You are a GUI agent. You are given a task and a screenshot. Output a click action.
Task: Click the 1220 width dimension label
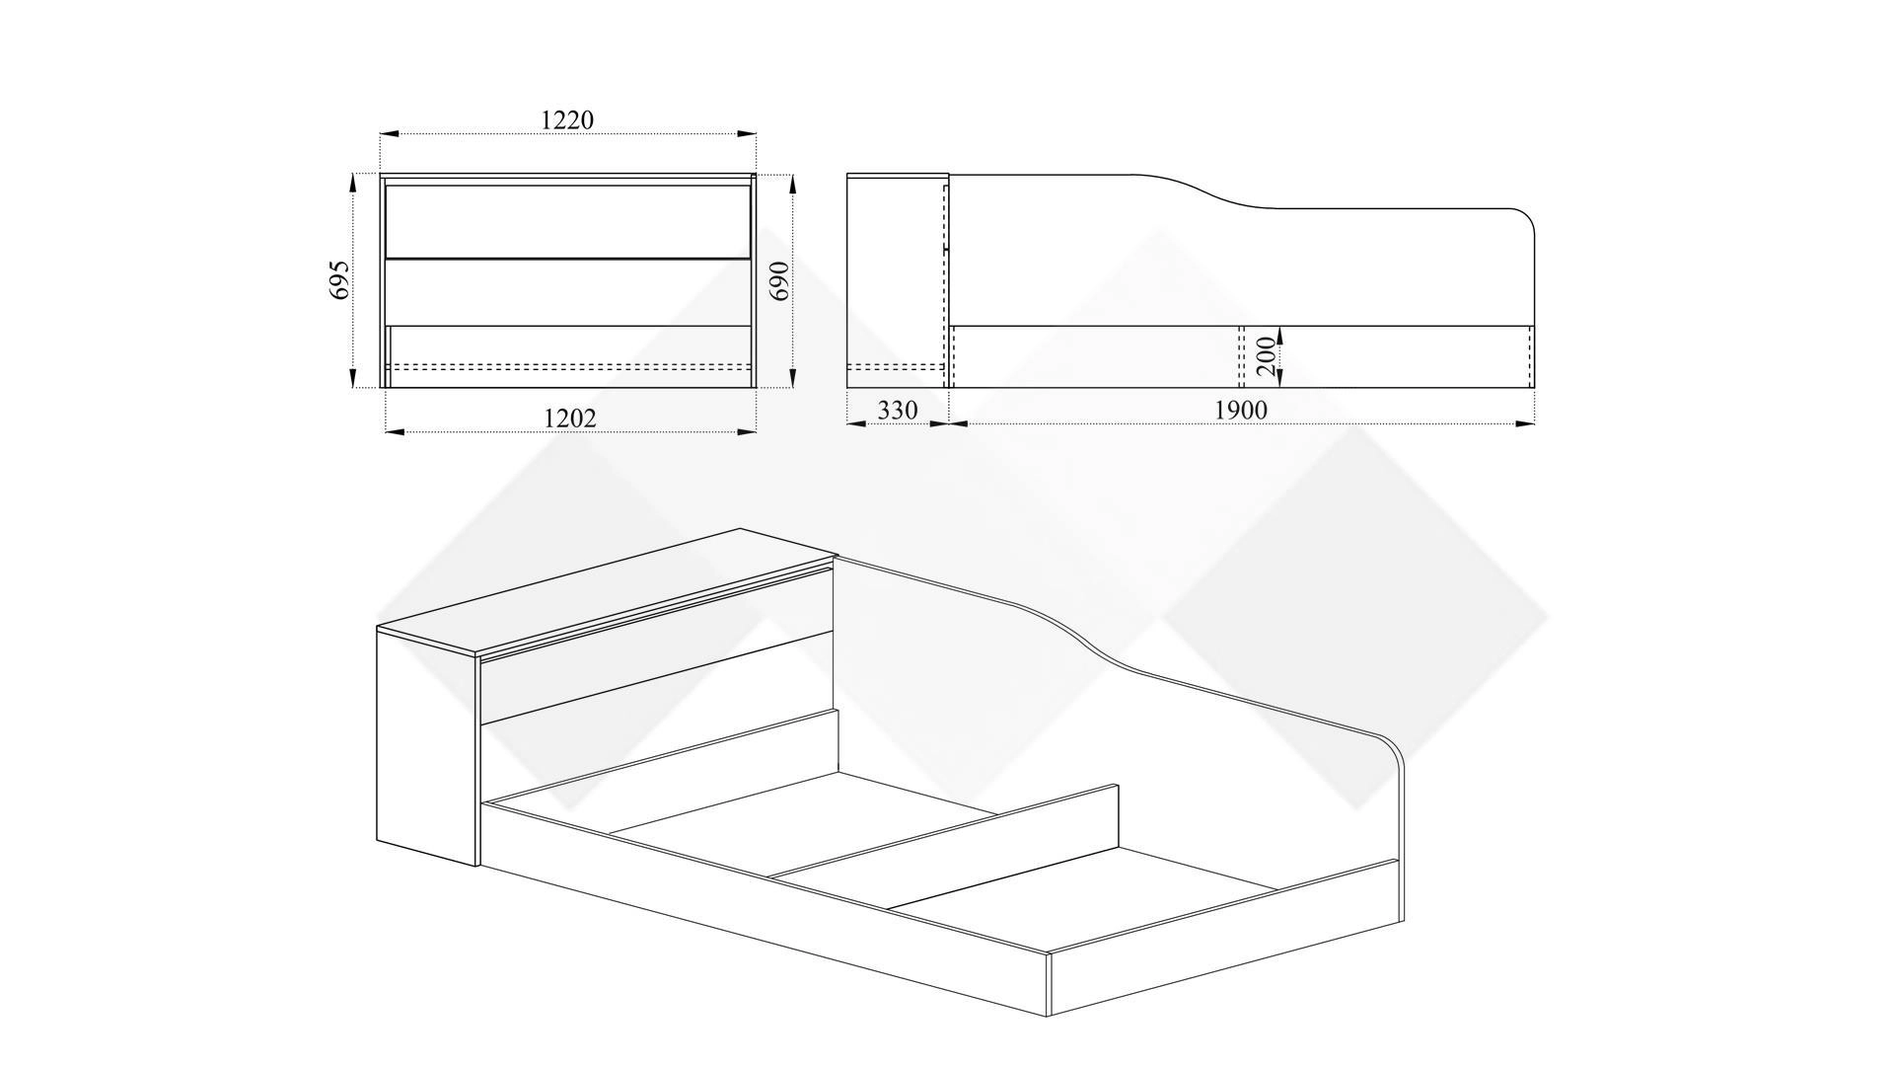coord(567,119)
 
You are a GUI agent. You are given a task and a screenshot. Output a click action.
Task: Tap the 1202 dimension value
coord(570,419)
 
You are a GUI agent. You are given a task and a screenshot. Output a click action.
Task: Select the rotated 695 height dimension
coord(339,280)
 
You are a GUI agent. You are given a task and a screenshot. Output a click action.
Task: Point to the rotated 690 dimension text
coord(778,281)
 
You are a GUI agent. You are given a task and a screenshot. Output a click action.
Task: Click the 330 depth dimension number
coord(897,410)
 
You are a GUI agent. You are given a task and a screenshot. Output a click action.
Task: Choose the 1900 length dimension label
coord(1240,410)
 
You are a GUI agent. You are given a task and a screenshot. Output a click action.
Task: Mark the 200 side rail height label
coord(1267,355)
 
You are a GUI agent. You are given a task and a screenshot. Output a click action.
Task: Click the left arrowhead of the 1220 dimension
coord(391,133)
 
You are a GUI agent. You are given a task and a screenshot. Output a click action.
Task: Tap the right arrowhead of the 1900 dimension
coord(1525,423)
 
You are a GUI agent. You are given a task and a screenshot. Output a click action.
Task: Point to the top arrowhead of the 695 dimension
coord(352,185)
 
